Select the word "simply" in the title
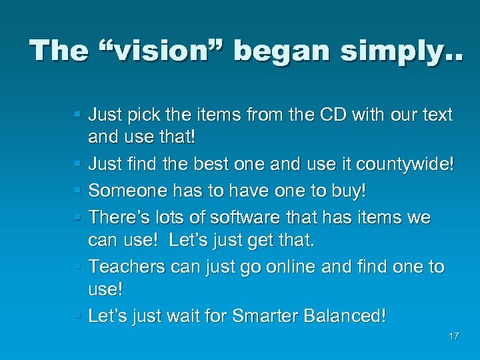[391, 52]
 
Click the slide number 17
[453, 336]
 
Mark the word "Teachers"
[127, 267]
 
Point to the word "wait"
[188, 315]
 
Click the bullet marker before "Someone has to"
[79, 191]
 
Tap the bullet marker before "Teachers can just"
[79, 267]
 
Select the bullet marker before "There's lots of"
[79, 218]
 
